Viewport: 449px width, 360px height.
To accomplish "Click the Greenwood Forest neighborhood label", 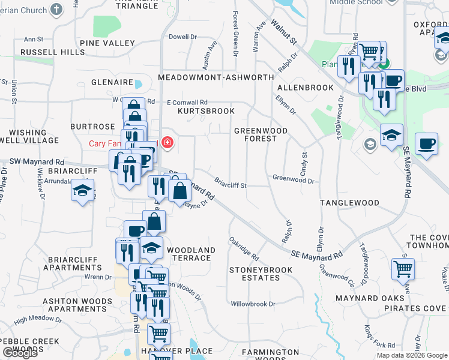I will pos(261,134).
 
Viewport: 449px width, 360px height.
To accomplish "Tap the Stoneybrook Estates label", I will pos(261,274).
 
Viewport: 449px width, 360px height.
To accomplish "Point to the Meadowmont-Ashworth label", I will pos(215,78).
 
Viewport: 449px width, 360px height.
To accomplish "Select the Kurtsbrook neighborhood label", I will pos(206,111).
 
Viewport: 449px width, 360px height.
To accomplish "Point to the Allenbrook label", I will pos(306,88).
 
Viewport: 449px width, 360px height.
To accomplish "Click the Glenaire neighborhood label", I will pos(112,82).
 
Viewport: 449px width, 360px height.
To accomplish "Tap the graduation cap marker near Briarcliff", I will pos(82,191).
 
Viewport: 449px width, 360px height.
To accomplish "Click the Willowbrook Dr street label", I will pos(253,304).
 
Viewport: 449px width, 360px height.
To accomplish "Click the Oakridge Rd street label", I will pos(244,248).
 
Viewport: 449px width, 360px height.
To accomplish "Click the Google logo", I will pos(20,353).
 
